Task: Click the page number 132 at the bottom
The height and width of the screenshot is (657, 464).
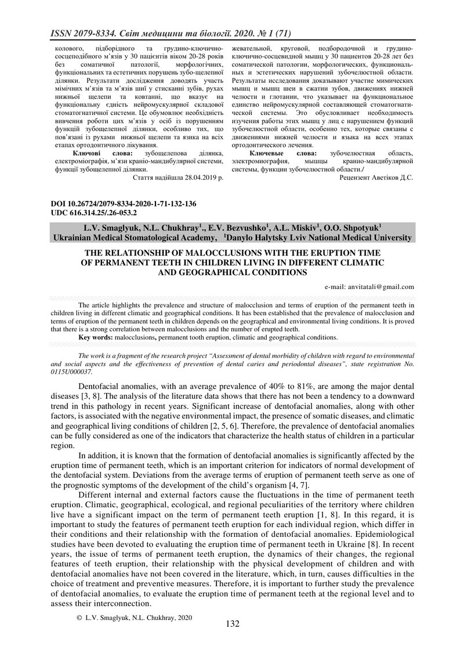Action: point(232,623)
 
